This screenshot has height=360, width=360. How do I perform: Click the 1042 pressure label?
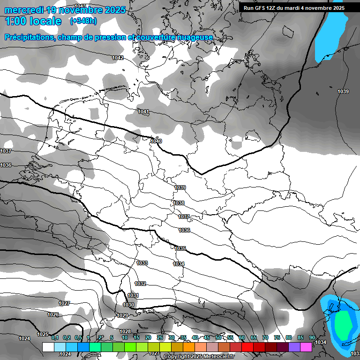(x=118, y=58)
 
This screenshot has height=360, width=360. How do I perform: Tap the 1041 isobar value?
(x=143, y=112)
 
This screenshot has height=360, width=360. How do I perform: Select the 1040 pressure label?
(x=157, y=141)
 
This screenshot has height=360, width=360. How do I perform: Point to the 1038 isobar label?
(x=179, y=203)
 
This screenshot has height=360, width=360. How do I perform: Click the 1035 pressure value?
(x=180, y=248)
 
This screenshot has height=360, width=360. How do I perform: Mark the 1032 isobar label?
(x=140, y=284)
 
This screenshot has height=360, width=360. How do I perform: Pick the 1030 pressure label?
(x=128, y=305)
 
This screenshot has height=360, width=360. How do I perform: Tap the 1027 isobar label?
(x=64, y=303)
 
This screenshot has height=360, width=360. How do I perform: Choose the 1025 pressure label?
(x=43, y=334)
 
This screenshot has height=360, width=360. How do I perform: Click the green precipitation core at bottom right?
(x=345, y=325)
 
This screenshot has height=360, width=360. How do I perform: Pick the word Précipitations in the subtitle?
(x=27, y=37)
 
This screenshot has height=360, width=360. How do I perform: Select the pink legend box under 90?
(x=306, y=347)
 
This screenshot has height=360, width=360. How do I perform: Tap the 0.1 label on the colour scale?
(x=54, y=338)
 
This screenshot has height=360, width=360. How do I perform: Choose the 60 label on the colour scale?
(x=242, y=338)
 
